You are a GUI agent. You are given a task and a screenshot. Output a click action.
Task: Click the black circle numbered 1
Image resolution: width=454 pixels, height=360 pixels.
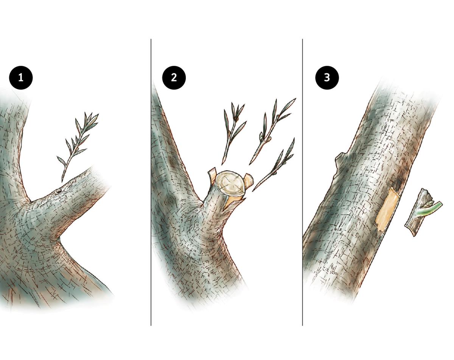click(x=21, y=78)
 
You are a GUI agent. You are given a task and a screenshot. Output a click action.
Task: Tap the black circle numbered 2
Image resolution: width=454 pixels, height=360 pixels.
click(x=174, y=78)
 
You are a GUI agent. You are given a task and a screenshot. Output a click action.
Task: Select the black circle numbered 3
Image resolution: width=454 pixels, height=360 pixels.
click(x=327, y=78)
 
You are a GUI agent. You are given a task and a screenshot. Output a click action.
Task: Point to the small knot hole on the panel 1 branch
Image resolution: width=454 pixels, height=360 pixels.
click(x=58, y=191)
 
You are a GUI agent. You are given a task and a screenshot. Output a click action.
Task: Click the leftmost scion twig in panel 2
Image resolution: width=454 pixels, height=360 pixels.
click(x=234, y=133)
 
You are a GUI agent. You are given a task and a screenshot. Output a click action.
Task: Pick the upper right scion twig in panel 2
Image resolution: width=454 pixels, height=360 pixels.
click(x=272, y=131)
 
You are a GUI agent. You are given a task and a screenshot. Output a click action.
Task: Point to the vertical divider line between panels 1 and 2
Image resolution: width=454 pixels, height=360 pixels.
click(x=151, y=182)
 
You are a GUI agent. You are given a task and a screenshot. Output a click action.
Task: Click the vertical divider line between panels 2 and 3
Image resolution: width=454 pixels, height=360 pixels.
click(x=302, y=182)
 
